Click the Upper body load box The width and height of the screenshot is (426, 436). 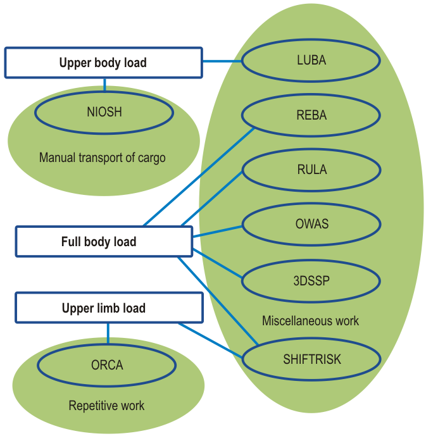click(x=103, y=63)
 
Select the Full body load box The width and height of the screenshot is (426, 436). click(x=104, y=242)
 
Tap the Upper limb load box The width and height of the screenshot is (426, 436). click(x=104, y=308)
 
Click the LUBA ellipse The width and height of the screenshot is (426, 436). click(x=311, y=61)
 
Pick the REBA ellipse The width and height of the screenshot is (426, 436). click(x=311, y=115)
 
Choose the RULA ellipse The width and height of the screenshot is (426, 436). click(x=311, y=170)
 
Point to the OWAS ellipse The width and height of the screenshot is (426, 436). click(x=311, y=224)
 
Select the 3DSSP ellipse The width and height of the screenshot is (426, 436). click(x=311, y=279)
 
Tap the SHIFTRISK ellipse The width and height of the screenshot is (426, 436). click(x=311, y=359)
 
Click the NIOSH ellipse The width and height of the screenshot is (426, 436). click(x=104, y=113)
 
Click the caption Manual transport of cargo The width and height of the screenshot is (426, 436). click(x=102, y=158)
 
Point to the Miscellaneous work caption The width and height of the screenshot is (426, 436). click(x=310, y=321)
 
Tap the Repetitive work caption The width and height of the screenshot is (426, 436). click(x=106, y=406)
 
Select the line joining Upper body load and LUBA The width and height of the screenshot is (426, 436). click(x=222, y=61)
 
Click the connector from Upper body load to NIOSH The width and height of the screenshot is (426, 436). click(x=105, y=85)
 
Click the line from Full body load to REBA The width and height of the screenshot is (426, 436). click(x=199, y=176)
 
